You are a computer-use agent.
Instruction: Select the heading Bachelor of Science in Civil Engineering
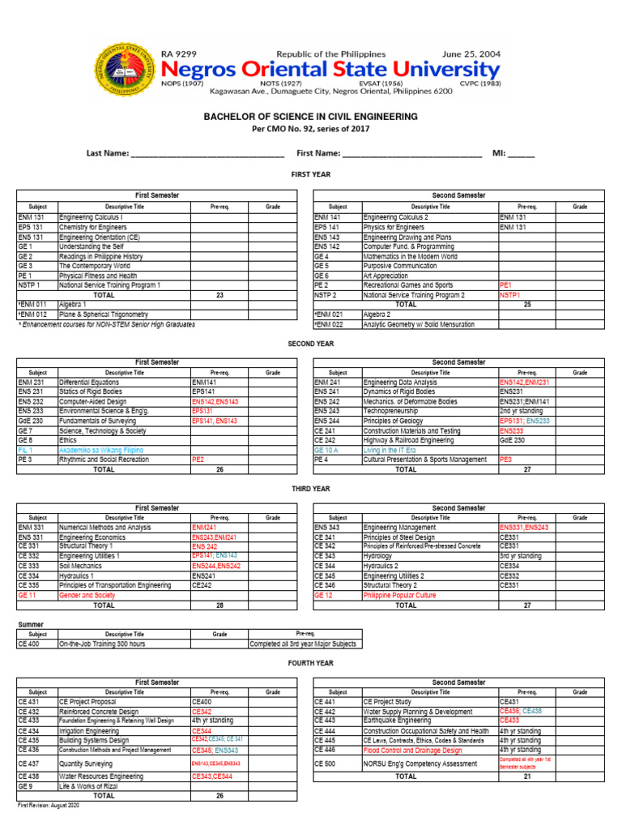(311, 117)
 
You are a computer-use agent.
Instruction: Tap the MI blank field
(522, 154)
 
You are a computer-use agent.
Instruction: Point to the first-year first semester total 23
(219, 295)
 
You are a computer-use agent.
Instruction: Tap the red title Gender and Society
(87, 595)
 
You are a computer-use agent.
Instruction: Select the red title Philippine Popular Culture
(400, 595)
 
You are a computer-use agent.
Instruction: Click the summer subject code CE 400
(28, 644)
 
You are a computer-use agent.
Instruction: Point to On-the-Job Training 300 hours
(102, 644)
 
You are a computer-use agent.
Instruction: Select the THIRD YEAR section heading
(311, 489)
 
